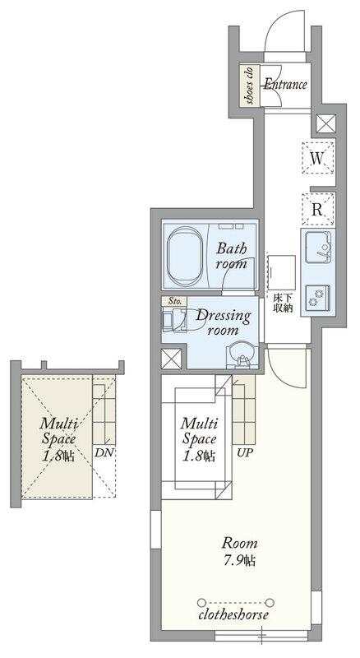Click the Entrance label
(285, 85)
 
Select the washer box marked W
(318, 158)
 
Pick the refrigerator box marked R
(318, 210)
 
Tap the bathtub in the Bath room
(185, 257)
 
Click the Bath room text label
(231, 256)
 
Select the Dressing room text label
(224, 322)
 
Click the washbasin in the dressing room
(241, 356)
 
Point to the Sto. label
(174, 301)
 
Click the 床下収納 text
(283, 303)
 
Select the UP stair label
(245, 454)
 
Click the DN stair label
(103, 452)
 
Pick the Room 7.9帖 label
(239, 551)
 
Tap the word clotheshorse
(233, 615)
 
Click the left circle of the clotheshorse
(201, 603)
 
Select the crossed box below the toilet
(172, 359)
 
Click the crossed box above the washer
(326, 124)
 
